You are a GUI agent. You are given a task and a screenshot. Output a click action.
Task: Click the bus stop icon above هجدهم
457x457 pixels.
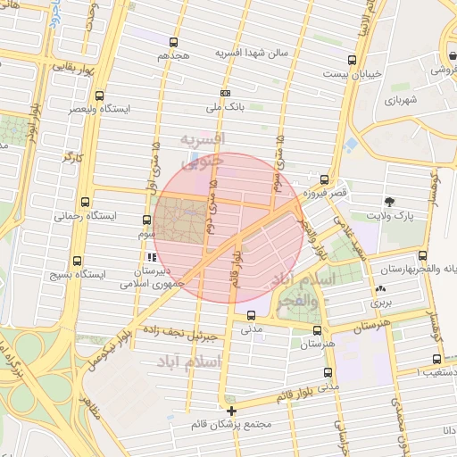tap(173, 41)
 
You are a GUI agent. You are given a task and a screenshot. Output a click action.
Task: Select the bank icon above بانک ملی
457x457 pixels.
tap(225, 93)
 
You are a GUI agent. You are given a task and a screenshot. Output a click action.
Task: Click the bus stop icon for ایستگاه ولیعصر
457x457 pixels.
tap(98, 95)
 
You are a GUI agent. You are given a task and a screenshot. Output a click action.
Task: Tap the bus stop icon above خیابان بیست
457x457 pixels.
tap(353, 61)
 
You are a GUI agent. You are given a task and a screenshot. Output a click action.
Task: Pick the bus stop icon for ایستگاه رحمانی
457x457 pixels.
tap(85, 203)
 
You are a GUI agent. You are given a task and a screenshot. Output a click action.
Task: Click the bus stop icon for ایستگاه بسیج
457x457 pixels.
tap(77, 262)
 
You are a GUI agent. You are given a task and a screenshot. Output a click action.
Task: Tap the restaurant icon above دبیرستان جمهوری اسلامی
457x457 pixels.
tap(150, 257)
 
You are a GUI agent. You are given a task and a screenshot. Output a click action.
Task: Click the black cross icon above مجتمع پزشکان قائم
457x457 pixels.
tap(232, 411)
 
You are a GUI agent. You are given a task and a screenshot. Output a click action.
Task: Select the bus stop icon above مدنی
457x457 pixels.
tap(251, 315)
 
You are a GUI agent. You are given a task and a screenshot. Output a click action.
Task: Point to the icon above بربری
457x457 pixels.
tap(381, 288)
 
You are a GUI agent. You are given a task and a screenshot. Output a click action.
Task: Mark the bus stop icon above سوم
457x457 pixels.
tap(147, 219)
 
